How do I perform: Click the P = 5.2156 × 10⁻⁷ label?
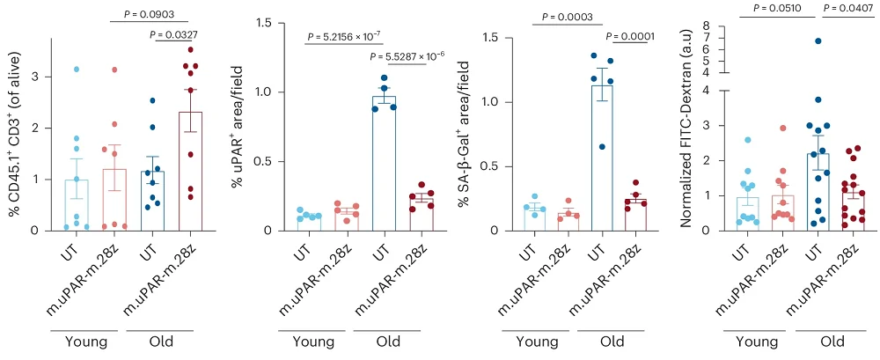(x=343, y=37)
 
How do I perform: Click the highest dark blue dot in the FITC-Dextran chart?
(x=818, y=41)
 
